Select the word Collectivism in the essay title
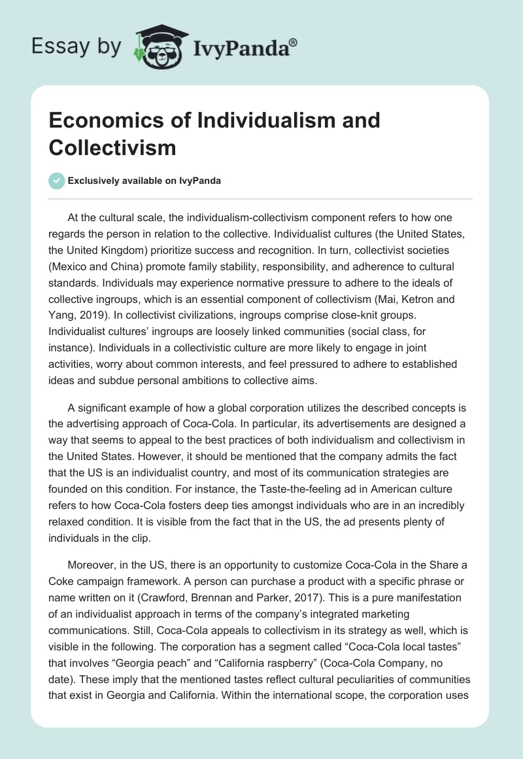112,147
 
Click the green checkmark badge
57,181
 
